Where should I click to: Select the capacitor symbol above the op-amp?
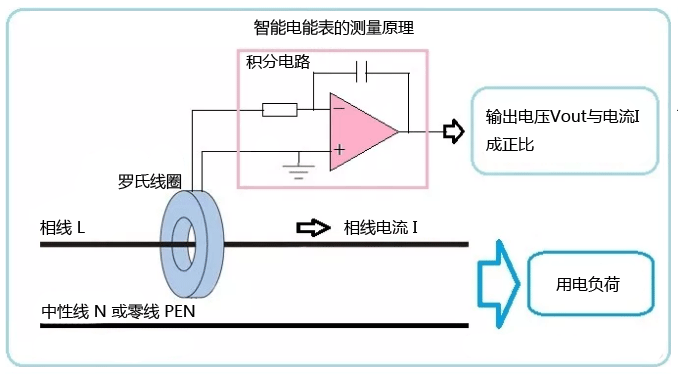[364, 72]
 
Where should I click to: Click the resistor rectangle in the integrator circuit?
[280, 109]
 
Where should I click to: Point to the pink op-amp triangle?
[360, 129]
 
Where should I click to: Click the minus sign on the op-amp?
[339, 107]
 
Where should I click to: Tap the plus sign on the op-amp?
[339, 150]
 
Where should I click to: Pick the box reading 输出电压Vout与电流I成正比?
[564, 131]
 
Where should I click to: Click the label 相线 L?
[62, 227]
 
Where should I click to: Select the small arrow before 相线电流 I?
[312, 228]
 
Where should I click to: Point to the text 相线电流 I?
[381, 228]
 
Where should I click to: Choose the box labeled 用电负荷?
[589, 284]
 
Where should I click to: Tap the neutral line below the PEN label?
[250, 325]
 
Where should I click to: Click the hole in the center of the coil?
[181, 242]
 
